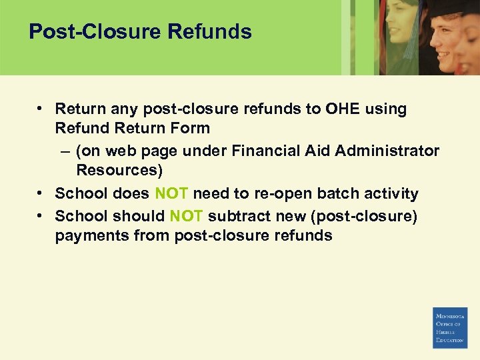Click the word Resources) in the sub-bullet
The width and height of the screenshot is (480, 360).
tap(119, 170)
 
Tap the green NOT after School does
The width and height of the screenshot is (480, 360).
tap(171, 194)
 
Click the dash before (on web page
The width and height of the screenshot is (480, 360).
tap(63, 151)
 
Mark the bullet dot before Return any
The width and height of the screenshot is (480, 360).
tap(41, 108)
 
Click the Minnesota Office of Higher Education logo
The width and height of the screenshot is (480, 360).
tap(450, 328)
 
